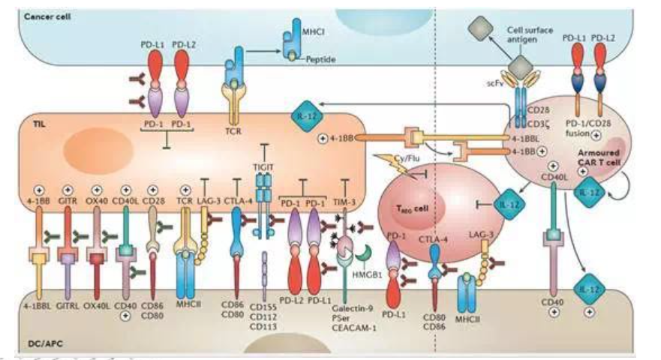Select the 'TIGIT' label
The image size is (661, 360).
pos(263,152)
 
